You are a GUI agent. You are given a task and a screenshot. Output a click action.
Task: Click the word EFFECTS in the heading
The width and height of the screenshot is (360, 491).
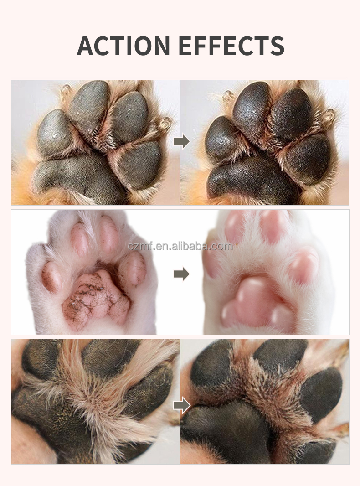pyautogui.click(x=231, y=45)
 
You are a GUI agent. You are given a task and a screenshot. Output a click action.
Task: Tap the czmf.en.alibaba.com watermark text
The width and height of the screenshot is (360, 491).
pyautogui.click(x=180, y=247)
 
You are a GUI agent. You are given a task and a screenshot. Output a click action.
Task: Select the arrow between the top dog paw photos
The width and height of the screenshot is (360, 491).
pyautogui.click(x=181, y=142)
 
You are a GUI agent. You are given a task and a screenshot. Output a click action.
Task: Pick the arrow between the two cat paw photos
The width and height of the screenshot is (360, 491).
pyautogui.click(x=181, y=274)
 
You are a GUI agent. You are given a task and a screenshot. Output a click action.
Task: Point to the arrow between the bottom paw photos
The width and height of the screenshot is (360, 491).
pyautogui.click(x=181, y=405)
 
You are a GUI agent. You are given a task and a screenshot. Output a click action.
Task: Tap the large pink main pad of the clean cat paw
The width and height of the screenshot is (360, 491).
pyautogui.click(x=256, y=300)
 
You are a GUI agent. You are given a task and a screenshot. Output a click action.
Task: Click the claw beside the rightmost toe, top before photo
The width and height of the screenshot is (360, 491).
pyautogui.click(x=165, y=123)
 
